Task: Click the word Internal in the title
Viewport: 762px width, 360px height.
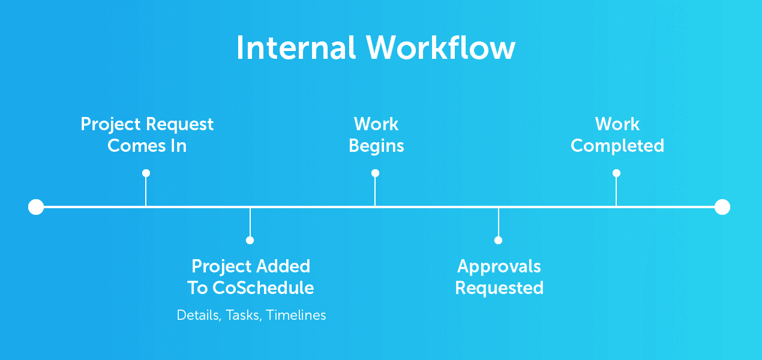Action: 296,47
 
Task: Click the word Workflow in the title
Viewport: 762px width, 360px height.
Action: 440,47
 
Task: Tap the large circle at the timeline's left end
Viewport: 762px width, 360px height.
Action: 36,207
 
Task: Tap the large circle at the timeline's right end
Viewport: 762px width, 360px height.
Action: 722,207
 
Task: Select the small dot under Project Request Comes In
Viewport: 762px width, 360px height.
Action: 146,173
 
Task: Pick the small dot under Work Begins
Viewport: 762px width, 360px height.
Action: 375,173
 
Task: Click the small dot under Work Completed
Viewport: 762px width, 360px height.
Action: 616,173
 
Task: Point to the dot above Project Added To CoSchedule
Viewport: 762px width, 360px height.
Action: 250,240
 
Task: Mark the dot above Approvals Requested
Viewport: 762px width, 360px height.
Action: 499,240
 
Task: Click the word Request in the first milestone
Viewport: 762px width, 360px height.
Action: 179,125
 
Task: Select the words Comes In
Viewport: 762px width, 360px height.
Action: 147,146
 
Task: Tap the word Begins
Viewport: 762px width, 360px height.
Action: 376,146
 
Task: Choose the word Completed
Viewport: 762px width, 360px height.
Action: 617,146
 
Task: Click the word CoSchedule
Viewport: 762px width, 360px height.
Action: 263,288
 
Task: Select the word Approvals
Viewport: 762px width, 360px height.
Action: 499,267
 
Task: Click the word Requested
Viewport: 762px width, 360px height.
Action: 499,289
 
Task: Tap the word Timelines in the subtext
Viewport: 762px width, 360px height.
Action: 296,315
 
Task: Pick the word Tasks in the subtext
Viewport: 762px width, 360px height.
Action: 244,316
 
